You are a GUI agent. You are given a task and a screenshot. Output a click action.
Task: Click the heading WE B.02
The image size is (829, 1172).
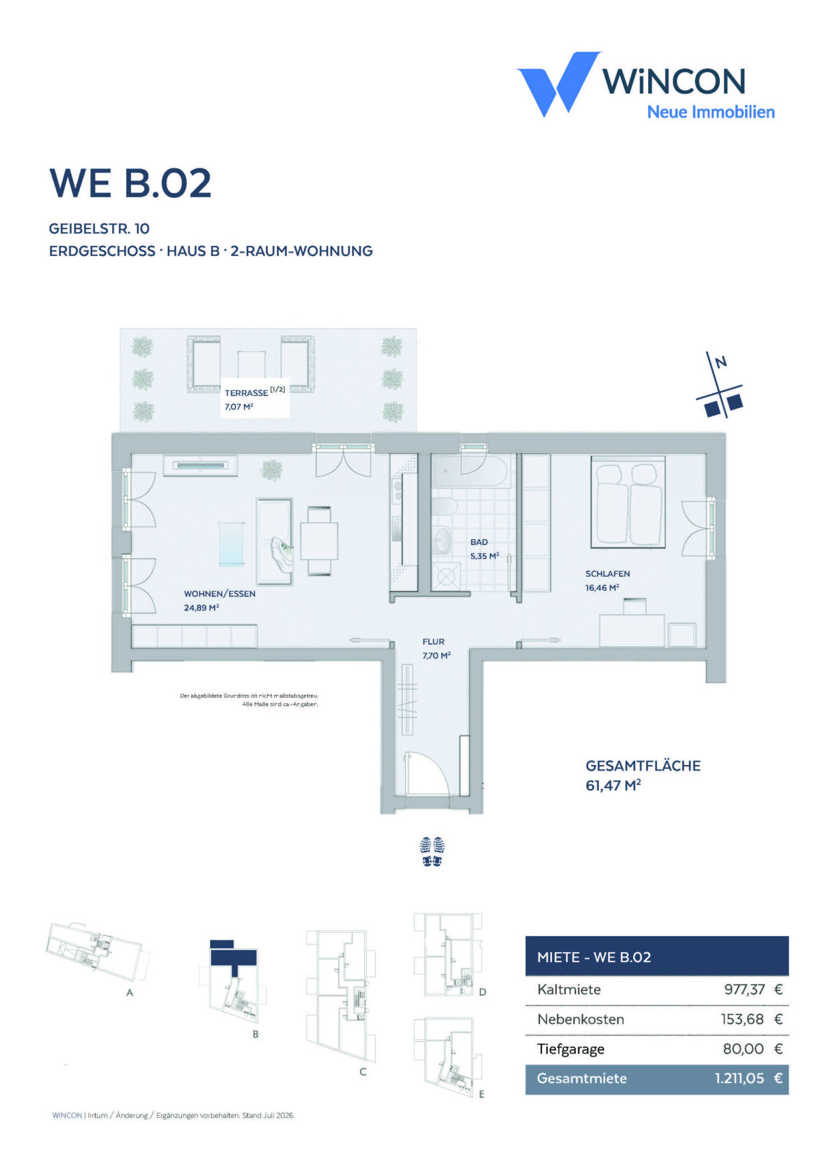130,183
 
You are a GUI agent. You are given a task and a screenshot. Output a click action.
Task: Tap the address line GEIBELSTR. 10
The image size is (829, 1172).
99,229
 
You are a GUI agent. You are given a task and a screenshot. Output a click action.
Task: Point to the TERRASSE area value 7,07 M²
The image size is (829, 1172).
239,407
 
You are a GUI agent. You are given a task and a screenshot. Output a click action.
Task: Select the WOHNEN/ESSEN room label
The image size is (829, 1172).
220,594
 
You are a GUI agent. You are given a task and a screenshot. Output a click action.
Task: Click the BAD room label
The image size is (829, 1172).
479,542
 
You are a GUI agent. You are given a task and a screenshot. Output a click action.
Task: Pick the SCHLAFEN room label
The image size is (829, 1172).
607,574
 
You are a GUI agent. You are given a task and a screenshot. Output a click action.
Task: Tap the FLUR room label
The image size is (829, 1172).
433,642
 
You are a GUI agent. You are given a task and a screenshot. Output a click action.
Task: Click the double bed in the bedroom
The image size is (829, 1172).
629,502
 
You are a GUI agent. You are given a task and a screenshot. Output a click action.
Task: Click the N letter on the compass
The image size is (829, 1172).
721,363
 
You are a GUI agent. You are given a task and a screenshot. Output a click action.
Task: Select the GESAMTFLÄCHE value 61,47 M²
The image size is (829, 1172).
613,785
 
